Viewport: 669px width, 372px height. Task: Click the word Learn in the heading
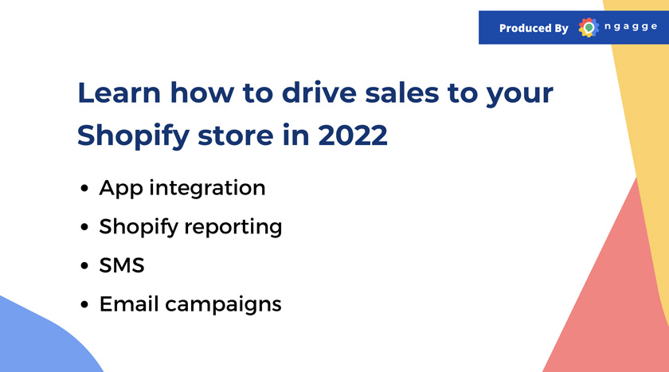pyautogui.click(x=119, y=92)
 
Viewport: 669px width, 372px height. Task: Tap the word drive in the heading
pyautogui.click(x=319, y=92)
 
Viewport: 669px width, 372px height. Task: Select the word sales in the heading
pyautogui.click(x=402, y=92)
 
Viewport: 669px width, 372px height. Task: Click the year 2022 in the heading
pyautogui.click(x=353, y=135)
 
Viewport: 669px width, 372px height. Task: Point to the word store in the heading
pyautogui.click(x=235, y=135)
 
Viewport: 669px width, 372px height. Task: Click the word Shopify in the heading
pyautogui.click(x=133, y=135)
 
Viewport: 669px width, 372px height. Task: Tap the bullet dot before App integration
pyautogui.click(x=84, y=188)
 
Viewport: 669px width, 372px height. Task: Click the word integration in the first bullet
pyautogui.click(x=207, y=188)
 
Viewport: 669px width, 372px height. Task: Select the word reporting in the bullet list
pyautogui.click(x=233, y=227)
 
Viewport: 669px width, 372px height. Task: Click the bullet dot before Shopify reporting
pyautogui.click(x=84, y=227)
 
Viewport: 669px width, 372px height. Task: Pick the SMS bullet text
pyautogui.click(x=122, y=265)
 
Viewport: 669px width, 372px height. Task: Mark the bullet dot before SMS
pyautogui.click(x=84, y=266)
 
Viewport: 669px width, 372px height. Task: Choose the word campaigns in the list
pyautogui.click(x=223, y=305)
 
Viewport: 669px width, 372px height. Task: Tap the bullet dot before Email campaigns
pyautogui.click(x=84, y=304)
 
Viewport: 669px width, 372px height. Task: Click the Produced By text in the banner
pyautogui.click(x=534, y=28)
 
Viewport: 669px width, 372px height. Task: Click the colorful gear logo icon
pyautogui.click(x=589, y=28)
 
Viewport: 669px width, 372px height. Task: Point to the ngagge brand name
pyautogui.click(x=631, y=27)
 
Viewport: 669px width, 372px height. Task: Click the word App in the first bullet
pyautogui.click(x=121, y=189)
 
